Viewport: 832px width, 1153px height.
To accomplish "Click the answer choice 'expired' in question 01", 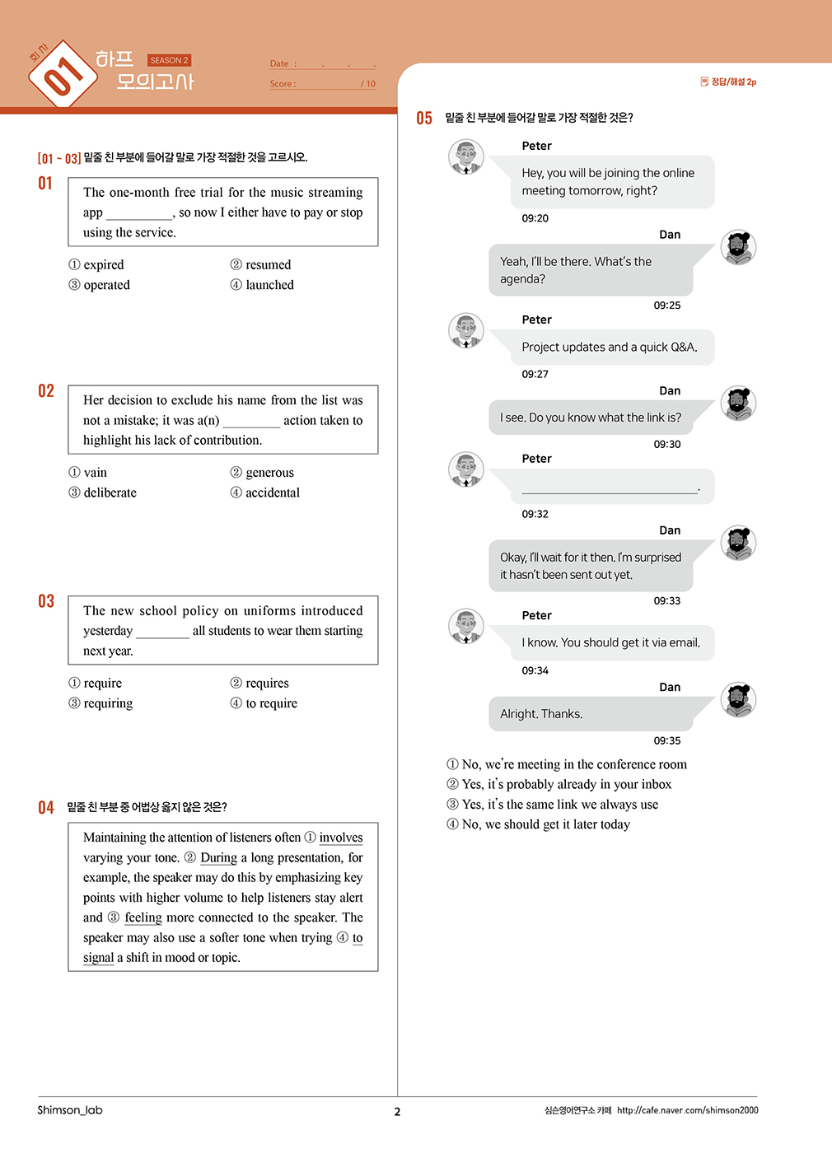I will [103, 264].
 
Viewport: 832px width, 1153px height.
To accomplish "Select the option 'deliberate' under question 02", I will [110, 492].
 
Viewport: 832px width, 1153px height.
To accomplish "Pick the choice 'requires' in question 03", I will [267, 683].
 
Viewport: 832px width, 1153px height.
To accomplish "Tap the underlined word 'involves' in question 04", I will [340, 838].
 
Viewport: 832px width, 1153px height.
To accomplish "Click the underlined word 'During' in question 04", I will [218, 857].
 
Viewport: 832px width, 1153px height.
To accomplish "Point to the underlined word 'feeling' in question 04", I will [143, 917].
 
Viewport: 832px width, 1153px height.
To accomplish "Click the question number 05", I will [424, 119].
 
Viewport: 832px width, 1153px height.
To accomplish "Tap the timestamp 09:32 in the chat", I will [535, 514].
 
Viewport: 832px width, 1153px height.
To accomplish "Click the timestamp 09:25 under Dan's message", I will [667, 306].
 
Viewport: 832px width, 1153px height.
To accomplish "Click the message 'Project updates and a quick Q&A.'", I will [609, 348].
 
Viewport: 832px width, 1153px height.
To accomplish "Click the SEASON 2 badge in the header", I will [169, 60].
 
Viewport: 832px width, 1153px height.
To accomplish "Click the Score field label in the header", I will [283, 84].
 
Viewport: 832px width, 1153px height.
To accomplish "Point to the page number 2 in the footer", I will [397, 1112].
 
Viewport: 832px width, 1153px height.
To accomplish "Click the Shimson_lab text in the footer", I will [70, 1110].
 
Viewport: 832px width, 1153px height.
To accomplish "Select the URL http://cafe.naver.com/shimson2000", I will [687, 1110].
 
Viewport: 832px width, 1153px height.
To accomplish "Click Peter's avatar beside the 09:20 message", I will [466, 156].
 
